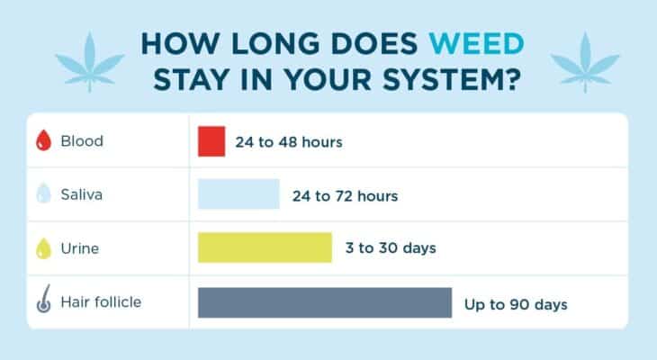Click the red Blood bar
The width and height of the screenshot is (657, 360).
(x=211, y=141)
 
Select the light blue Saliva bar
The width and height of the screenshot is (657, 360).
(x=238, y=194)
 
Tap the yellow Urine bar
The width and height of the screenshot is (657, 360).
(x=265, y=247)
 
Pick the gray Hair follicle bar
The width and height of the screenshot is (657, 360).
(x=324, y=302)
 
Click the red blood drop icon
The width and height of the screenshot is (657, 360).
(x=42, y=141)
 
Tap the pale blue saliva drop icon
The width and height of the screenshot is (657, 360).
(x=42, y=195)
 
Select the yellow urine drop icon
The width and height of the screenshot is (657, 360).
(x=42, y=248)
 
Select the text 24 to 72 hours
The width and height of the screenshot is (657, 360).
(x=345, y=195)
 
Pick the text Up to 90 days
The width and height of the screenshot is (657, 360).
(x=516, y=304)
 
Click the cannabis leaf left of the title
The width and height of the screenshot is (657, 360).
(x=90, y=59)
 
